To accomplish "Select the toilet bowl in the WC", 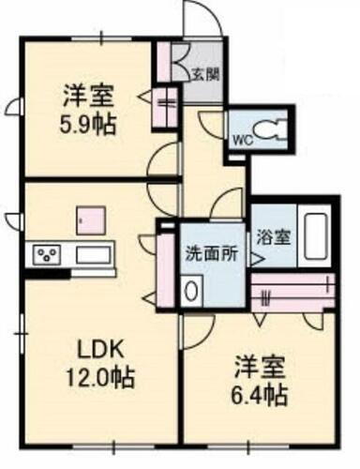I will [271, 130].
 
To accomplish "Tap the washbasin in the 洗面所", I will [193, 291].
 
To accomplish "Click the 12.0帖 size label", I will [100, 379].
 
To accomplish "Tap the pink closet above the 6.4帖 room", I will [292, 292].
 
